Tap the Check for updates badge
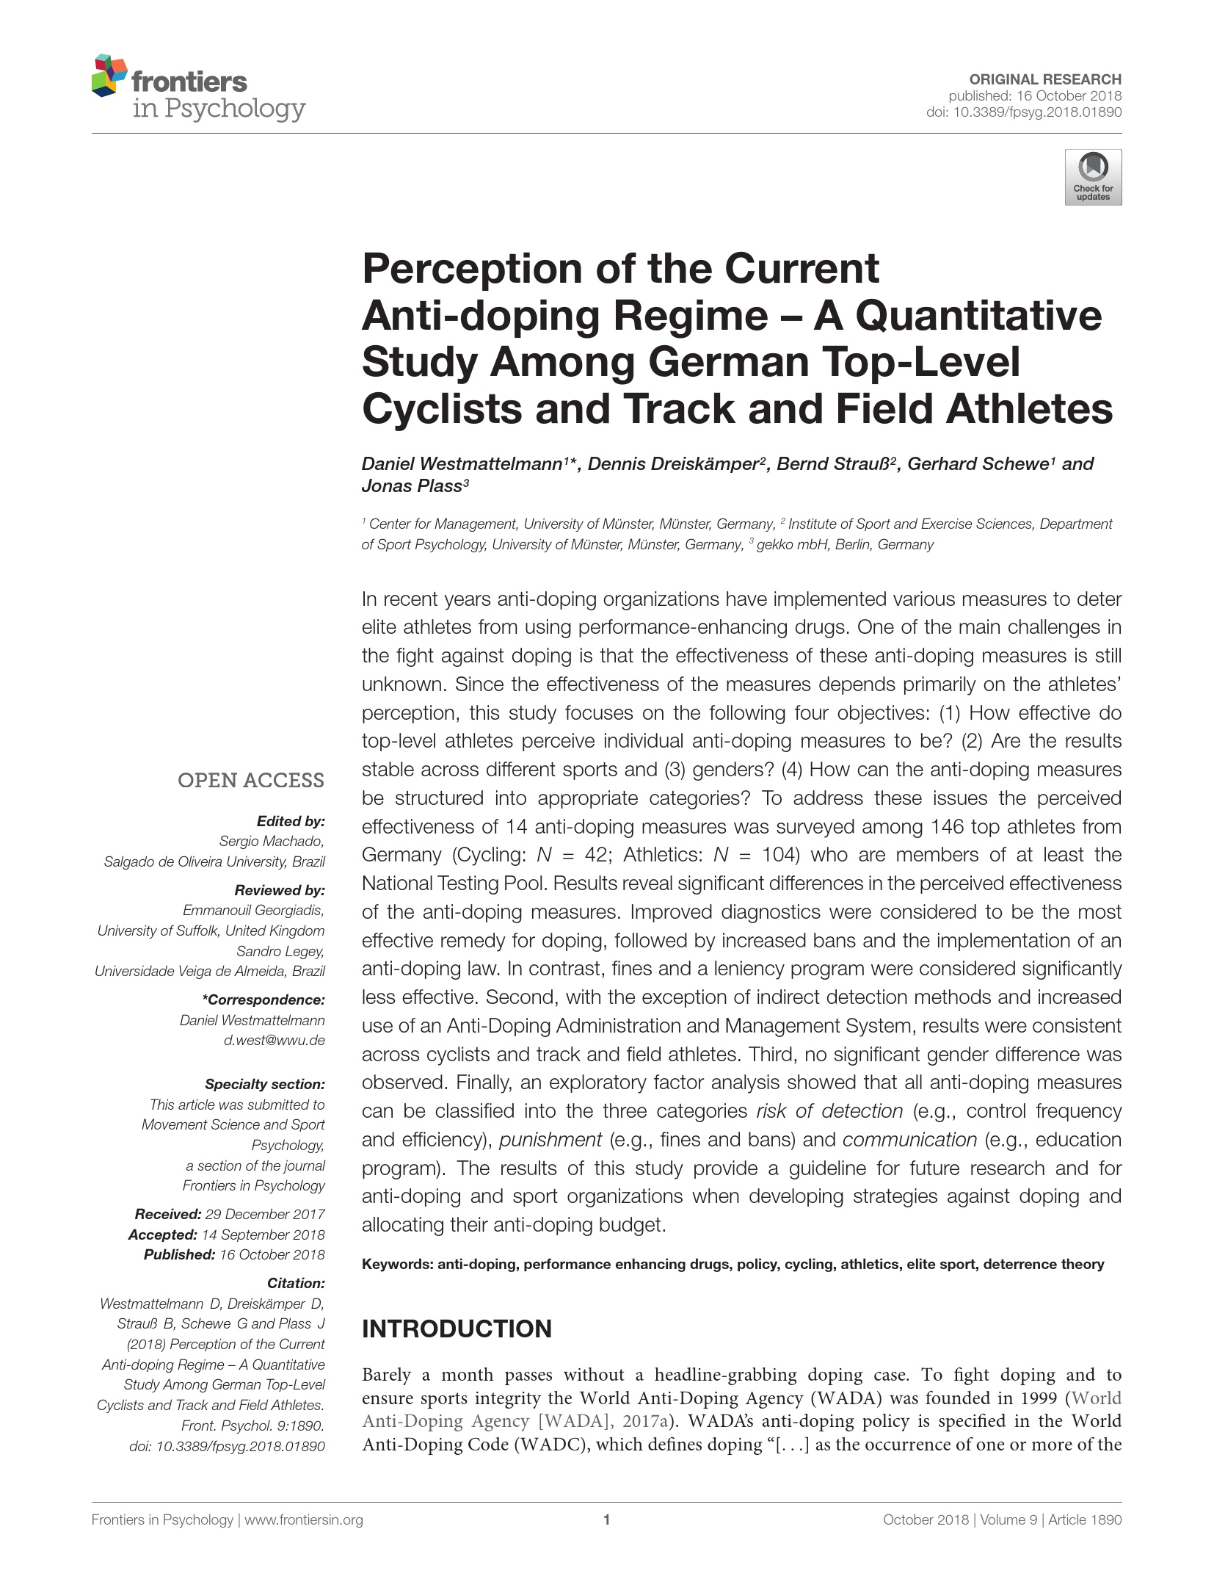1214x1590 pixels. pos(1093,177)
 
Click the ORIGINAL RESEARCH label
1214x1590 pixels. pos(1045,79)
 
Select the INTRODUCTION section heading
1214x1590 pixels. pos(457,1329)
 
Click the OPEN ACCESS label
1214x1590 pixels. pos(250,780)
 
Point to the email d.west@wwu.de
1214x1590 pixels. pos(274,1040)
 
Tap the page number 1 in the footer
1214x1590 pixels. pos(606,1520)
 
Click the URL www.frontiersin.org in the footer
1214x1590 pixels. pos(303,1520)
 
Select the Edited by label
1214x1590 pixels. pos(290,821)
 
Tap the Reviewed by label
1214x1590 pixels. pos(279,890)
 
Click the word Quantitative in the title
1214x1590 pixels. pos(978,316)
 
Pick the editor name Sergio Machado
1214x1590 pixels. pos(272,841)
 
